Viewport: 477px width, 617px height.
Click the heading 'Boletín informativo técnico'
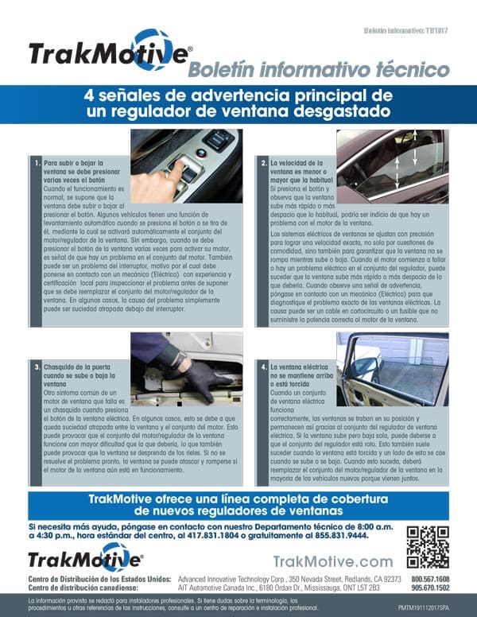318,70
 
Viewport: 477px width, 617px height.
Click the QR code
427,547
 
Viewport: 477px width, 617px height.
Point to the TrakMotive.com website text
333,562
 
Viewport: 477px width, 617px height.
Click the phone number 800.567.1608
430,579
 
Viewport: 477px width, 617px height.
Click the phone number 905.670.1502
430,588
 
